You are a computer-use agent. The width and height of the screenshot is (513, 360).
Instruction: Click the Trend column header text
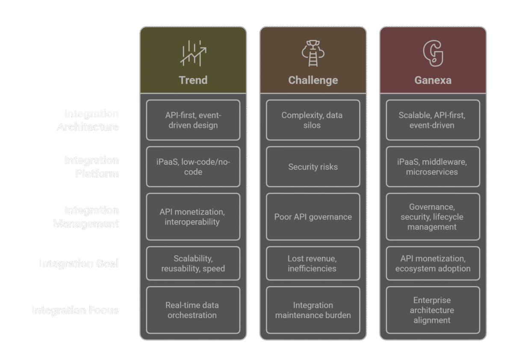[193, 80]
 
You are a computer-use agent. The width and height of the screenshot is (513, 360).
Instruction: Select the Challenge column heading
[313, 80]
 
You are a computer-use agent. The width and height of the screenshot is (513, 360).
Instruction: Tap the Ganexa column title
[433, 80]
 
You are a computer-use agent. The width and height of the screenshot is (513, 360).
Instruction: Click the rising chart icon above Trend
[193, 53]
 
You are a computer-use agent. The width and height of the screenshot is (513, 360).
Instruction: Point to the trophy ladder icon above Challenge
[313, 53]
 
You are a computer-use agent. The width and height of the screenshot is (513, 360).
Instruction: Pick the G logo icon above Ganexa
[433, 53]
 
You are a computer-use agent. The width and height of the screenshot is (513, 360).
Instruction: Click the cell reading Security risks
[313, 167]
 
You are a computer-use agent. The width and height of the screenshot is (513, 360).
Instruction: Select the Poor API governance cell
[313, 217]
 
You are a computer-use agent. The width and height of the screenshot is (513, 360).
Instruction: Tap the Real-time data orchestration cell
[193, 310]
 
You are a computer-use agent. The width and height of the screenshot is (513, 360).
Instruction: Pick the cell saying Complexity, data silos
[313, 120]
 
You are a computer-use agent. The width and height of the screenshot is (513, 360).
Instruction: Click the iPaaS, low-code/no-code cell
[193, 167]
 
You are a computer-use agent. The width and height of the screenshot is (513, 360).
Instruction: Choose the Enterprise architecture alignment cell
[433, 310]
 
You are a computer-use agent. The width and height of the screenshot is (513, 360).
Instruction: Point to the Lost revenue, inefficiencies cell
[313, 263]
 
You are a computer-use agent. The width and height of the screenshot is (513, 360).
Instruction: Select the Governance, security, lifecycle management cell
[433, 217]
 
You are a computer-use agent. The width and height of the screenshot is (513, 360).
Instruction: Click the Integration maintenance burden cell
[313, 310]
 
